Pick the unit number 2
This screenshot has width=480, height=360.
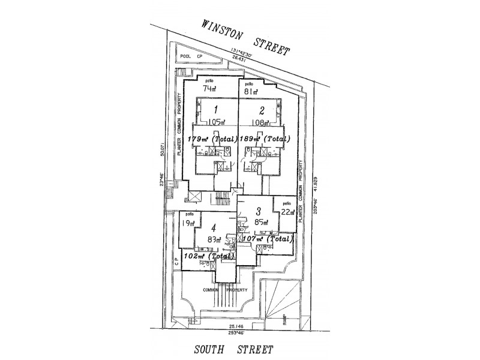coord(262,110)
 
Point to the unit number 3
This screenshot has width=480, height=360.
coord(258,211)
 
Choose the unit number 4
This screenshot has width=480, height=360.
coord(214,228)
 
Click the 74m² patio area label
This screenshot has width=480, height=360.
coord(209,88)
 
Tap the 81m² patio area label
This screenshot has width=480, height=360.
coord(251,92)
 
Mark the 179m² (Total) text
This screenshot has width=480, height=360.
coord(212,139)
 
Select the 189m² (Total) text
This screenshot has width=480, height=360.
coord(263,139)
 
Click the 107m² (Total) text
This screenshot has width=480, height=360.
coord(268,238)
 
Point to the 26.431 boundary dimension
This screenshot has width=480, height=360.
coord(239,59)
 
